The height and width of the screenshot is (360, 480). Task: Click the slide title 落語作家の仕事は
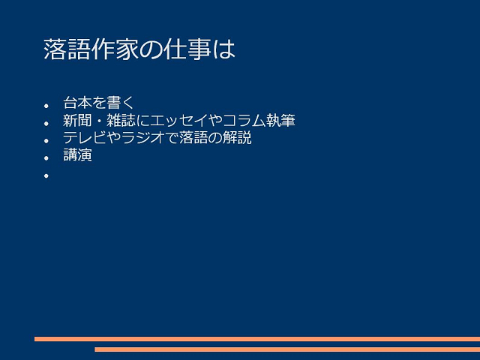tap(139, 49)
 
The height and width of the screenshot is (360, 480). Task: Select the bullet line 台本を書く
tap(98, 103)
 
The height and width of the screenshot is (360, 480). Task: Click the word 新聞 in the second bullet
tap(77, 120)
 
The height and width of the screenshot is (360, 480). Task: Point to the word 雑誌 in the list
tap(121, 120)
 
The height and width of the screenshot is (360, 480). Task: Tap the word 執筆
tap(280, 120)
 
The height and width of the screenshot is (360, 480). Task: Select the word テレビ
tap(85, 137)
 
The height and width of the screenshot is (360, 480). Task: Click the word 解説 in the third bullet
tap(237, 137)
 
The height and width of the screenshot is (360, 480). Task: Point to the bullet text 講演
tap(77, 155)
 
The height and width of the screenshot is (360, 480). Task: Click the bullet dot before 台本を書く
tap(46, 106)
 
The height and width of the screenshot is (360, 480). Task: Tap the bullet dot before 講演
tap(46, 158)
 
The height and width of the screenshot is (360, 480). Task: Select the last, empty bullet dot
tap(46, 175)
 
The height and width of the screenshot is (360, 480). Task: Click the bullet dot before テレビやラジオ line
tap(46, 141)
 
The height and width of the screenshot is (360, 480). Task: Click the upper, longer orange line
tap(257, 339)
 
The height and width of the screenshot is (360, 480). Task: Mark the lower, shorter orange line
tap(287, 349)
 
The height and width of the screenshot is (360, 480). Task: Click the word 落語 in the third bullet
tap(193, 137)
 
